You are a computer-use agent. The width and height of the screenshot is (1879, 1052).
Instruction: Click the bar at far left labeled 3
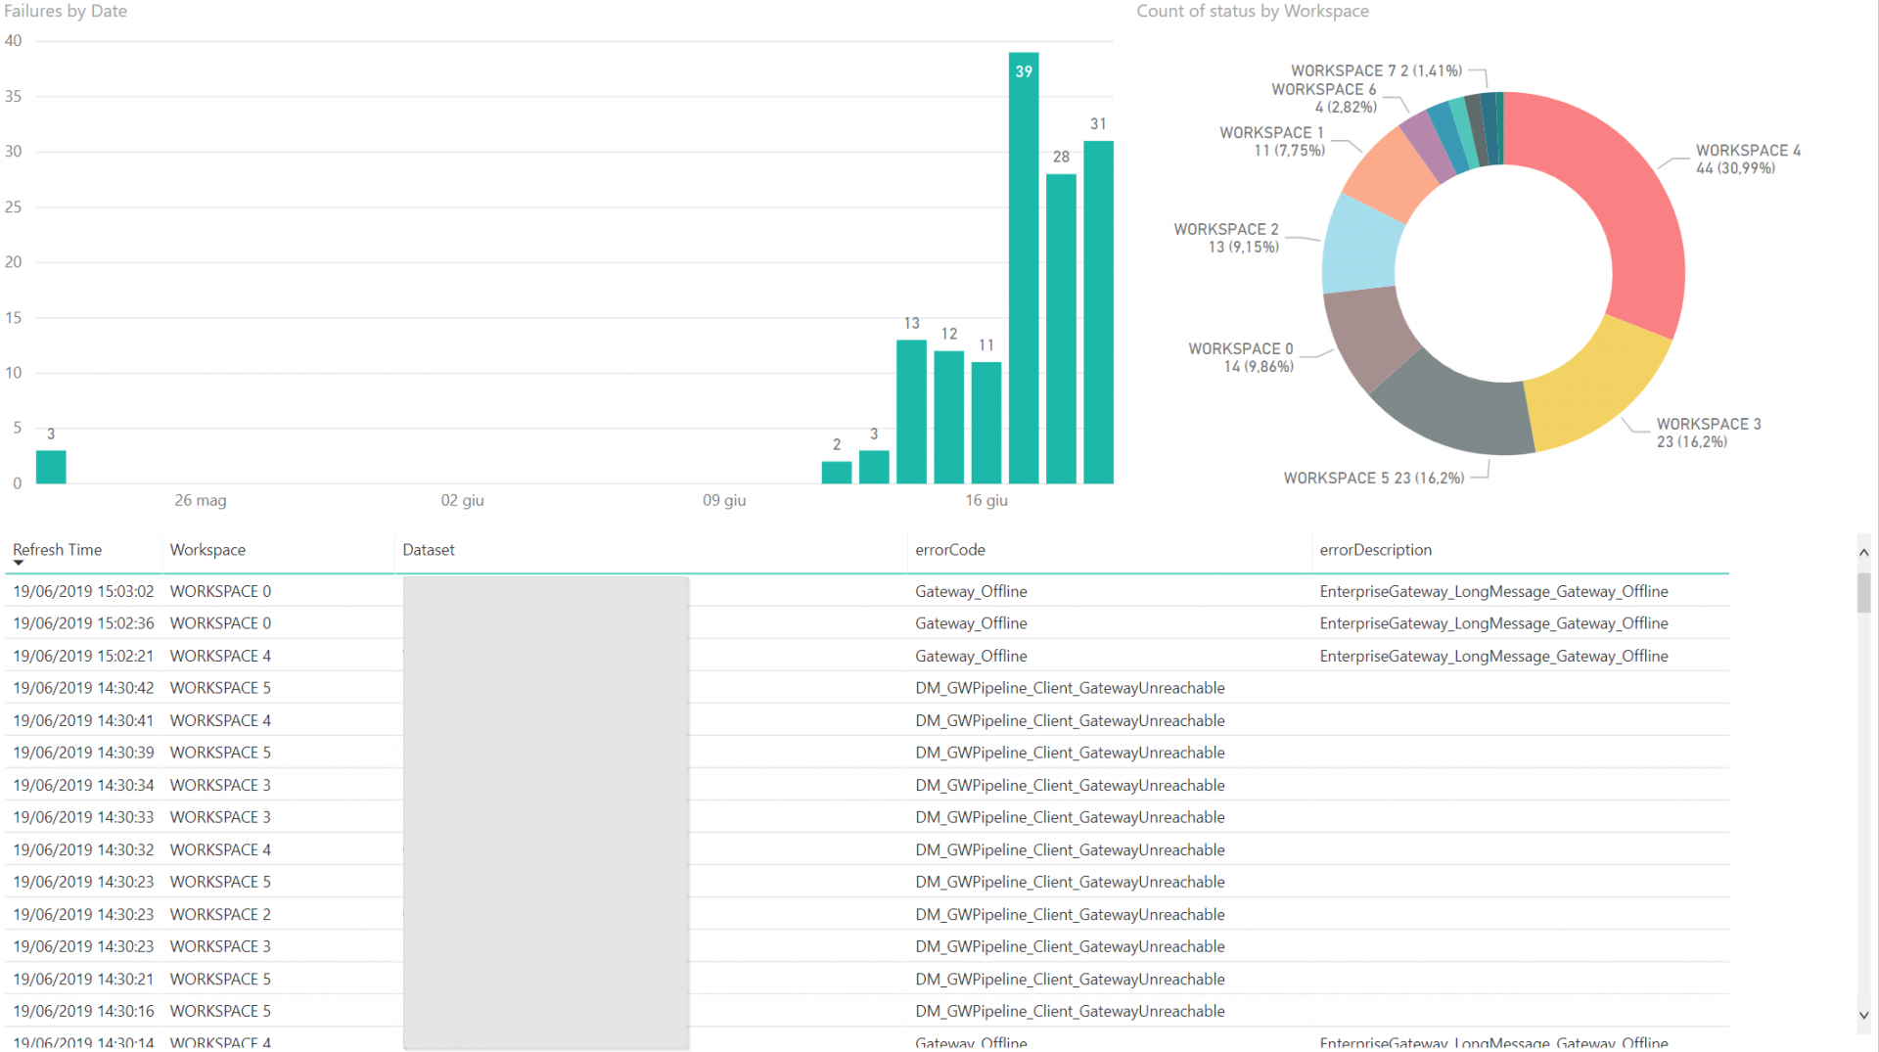click(51, 467)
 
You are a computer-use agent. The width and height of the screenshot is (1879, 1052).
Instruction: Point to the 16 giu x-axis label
click(985, 500)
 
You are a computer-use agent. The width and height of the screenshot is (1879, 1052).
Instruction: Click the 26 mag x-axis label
click(201, 500)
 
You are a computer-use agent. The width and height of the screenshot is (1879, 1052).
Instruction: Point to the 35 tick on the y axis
click(14, 96)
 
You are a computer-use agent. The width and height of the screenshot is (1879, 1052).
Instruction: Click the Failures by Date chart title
click(66, 12)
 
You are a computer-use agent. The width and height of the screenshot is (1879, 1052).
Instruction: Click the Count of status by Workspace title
click(1252, 12)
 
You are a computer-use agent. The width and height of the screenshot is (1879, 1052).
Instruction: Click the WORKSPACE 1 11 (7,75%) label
click(1272, 141)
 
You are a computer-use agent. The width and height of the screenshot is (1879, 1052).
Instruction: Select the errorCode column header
click(949, 550)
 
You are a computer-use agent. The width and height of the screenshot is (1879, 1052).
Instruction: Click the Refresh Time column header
click(58, 550)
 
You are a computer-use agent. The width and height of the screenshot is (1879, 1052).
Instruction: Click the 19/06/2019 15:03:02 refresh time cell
click(83, 591)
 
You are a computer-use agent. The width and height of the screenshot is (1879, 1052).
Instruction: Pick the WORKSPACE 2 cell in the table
click(220, 914)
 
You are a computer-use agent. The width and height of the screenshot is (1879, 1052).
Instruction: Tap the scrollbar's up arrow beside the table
click(1863, 553)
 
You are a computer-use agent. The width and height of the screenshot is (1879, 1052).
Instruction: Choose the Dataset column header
click(429, 550)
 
